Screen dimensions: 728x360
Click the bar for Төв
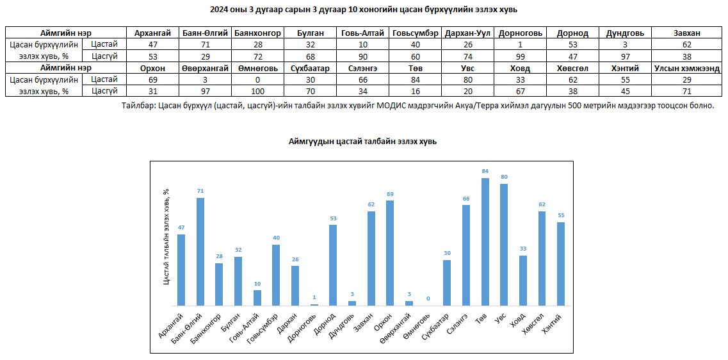[x=485, y=241]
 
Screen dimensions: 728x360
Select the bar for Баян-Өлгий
[x=200, y=252]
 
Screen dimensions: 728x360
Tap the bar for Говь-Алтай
[x=257, y=298]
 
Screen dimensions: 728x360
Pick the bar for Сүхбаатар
[x=447, y=283]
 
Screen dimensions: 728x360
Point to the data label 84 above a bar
[x=485, y=171]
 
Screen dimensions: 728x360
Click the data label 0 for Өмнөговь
[x=428, y=299]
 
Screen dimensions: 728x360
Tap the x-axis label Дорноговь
[x=305, y=326]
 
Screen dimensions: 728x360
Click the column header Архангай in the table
[x=153, y=33]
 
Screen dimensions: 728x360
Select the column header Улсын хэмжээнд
[x=687, y=69]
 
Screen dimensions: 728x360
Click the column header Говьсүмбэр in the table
[x=416, y=33]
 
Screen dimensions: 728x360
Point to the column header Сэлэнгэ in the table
[x=362, y=69]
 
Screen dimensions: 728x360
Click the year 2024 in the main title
[x=218, y=10]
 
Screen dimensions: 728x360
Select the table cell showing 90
[x=362, y=56]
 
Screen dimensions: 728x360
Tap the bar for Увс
[x=504, y=245]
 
